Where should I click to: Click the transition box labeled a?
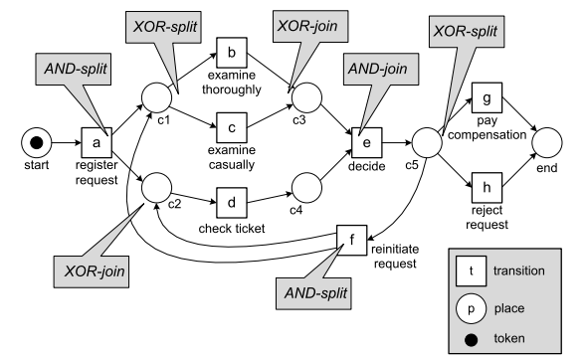coord(97,143)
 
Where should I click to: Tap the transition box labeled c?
coord(232,127)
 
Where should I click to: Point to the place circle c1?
coord(158,97)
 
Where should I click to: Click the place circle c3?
coord(304,97)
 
